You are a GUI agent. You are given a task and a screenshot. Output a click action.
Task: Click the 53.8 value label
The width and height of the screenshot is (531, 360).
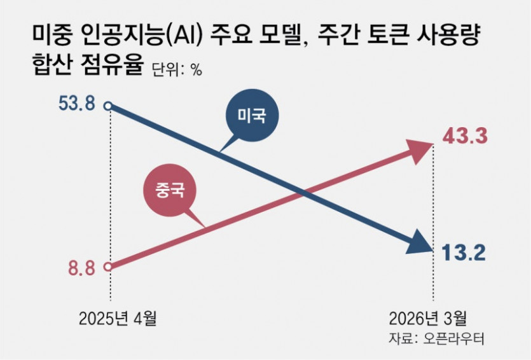click(77, 104)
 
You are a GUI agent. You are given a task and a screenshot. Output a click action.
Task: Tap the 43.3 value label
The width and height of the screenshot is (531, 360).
click(465, 136)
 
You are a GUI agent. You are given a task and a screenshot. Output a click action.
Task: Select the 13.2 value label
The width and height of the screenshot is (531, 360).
click(465, 253)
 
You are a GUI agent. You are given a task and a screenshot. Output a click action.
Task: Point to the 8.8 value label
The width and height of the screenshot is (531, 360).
click(82, 268)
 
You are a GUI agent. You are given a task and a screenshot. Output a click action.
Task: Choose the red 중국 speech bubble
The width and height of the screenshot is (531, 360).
click(168, 189)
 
